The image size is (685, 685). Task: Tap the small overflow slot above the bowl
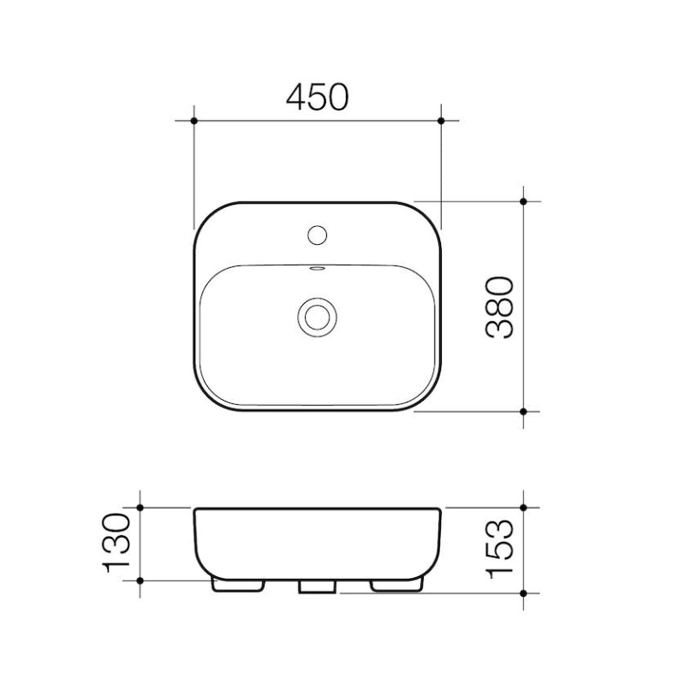[x=316, y=271]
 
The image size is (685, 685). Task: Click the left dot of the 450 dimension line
[x=195, y=121]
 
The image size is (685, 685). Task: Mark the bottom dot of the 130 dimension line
[x=140, y=580]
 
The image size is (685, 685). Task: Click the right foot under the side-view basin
[x=396, y=585]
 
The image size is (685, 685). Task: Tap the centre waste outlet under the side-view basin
[x=317, y=586]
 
